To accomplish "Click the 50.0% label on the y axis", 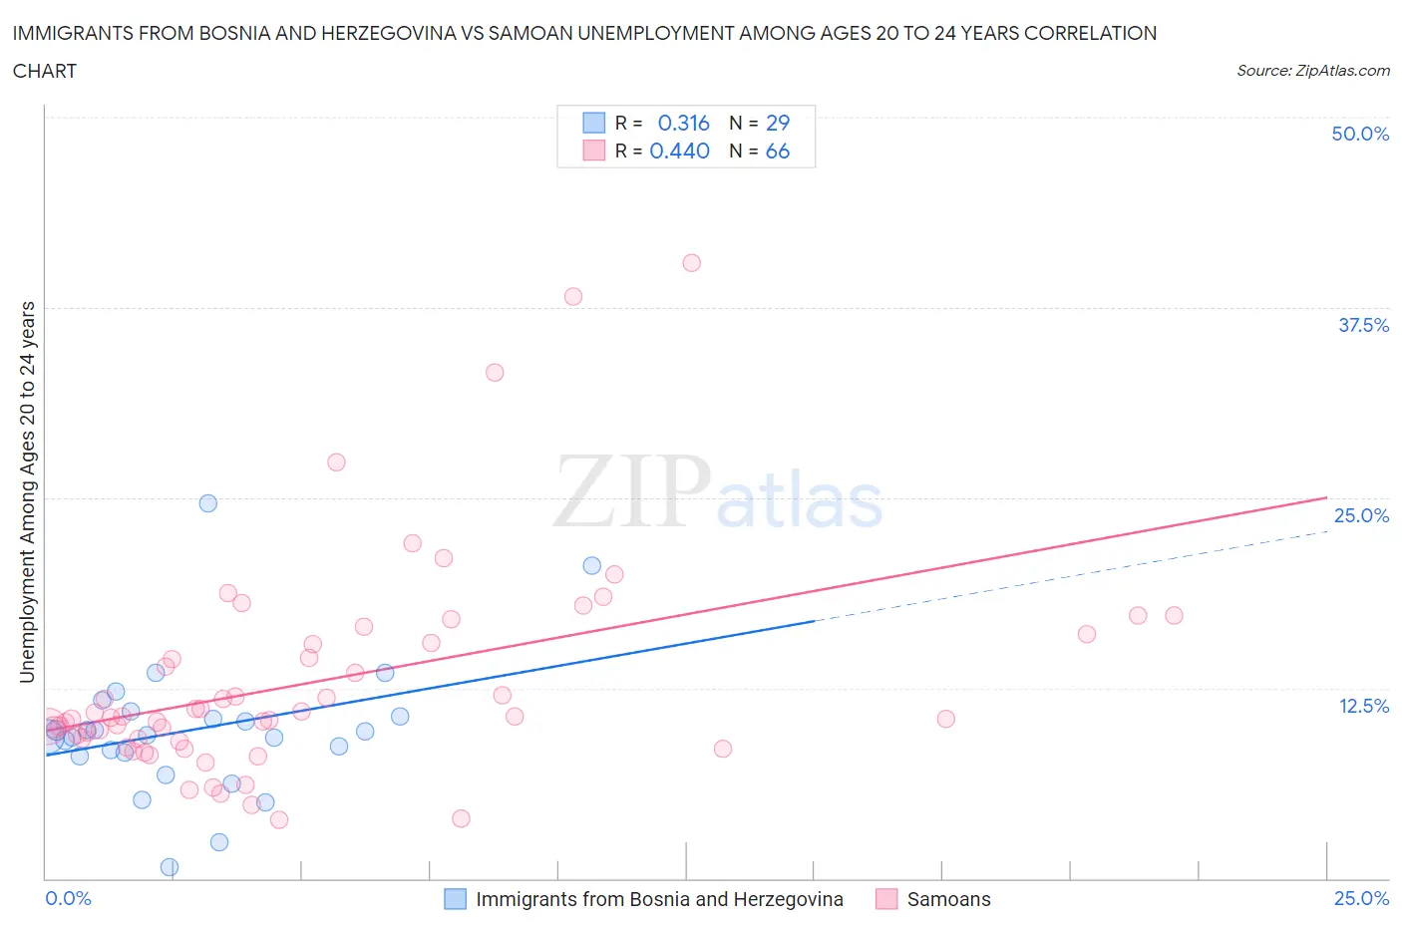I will coord(1360,134).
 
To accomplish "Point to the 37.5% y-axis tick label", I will coord(1363,325).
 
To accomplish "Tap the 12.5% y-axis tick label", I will coord(1363,706).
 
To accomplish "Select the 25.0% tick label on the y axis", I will coord(1361,515).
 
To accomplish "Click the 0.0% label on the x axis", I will coord(68,898).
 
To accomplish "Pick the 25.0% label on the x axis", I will coord(1361,898).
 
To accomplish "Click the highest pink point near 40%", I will coord(691,263).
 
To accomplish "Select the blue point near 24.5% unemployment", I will coord(207,503).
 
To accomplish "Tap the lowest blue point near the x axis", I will coord(170,867).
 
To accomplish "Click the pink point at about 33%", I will coord(495,373).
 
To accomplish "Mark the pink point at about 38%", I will coord(573,296).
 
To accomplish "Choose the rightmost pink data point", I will coord(1174,616).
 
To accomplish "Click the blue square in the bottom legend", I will coord(455,899).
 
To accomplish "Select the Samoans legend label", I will coord(948,899).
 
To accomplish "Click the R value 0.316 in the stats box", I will coord(683,123).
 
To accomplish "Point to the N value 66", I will coord(777,151).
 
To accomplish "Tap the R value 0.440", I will coord(679,151).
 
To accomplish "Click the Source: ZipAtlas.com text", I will coord(1312,71).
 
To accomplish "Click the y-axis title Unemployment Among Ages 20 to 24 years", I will coord(27,491).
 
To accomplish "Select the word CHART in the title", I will coord(45,71).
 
